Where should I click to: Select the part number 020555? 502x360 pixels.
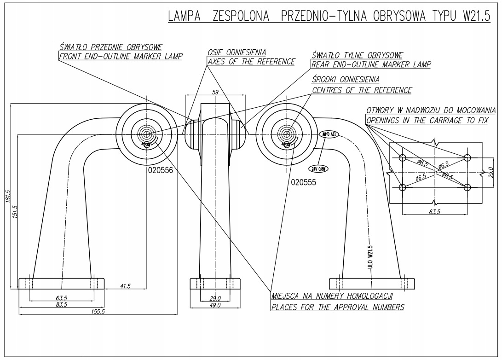(304, 181)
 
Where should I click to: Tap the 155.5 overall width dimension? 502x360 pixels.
(98, 312)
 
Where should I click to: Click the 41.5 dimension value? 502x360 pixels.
(125, 286)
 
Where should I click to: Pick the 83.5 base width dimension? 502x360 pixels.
(61, 304)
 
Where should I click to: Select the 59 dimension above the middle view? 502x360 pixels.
(215, 92)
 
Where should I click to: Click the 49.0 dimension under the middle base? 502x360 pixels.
(215, 305)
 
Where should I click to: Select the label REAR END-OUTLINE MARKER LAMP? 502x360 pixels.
(371, 64)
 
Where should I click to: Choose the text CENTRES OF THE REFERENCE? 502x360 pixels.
(362, 90)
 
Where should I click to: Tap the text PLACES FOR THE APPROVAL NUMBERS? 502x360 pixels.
(337, 307)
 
